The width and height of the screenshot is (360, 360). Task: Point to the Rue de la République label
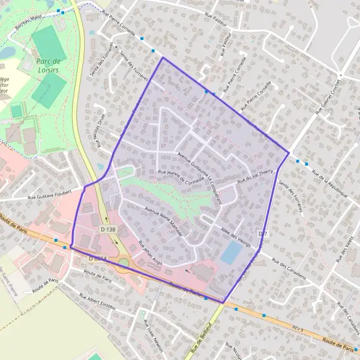(x=330, y=184)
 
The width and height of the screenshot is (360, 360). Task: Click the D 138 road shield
(x=108, y=229)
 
